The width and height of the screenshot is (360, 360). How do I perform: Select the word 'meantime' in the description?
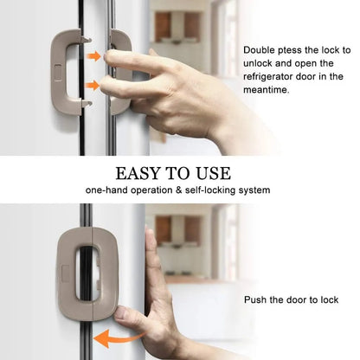[x=270, y=89]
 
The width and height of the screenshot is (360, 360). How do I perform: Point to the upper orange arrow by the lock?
[x=93, y=56]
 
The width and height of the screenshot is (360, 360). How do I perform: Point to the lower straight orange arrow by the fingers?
[x=93, y=86]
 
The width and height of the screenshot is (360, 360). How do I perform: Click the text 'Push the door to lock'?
[x=291, y=300]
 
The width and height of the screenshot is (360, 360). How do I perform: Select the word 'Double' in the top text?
[x=260, y=50]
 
